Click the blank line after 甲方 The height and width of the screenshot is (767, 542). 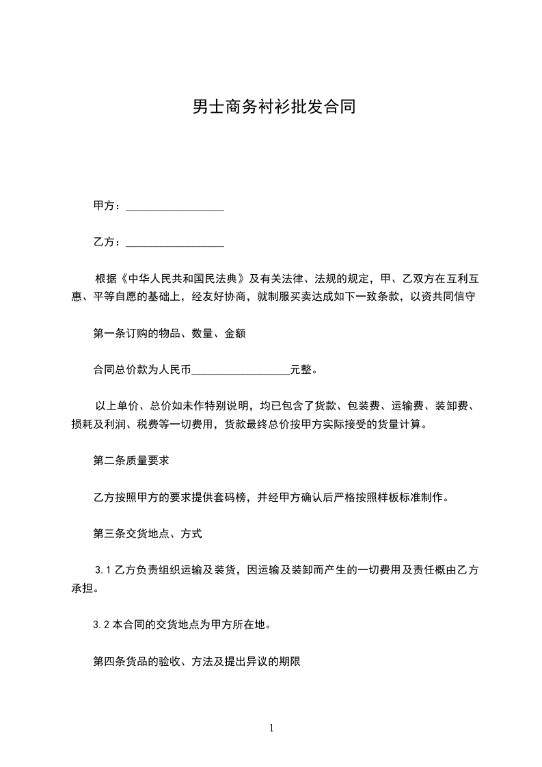pos(176,206)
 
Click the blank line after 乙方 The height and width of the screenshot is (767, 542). pos(176,242)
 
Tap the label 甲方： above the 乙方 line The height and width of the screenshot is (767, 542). pos(108,206)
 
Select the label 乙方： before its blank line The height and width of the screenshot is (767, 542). pos(108,242)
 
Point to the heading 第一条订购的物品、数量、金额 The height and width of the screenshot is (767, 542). pos(169,334)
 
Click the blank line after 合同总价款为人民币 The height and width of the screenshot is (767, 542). pos(241,370)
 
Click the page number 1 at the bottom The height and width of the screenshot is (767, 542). pos(271,728)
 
